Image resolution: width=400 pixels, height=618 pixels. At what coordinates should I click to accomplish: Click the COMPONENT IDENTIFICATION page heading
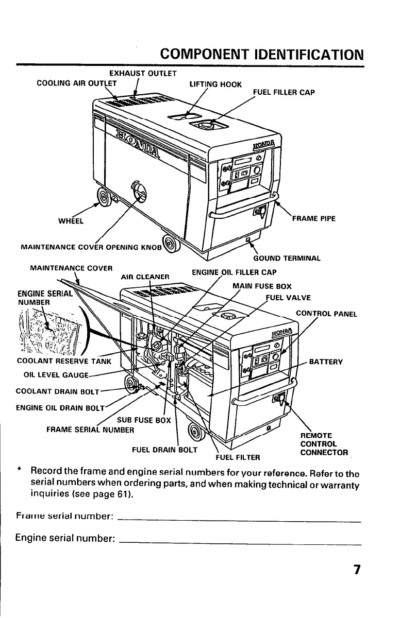262,54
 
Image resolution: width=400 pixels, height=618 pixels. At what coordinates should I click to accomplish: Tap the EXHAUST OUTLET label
136,74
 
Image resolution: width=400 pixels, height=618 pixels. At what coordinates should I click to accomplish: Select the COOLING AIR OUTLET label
77,83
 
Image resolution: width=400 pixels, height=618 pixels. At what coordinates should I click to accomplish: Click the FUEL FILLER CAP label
284,93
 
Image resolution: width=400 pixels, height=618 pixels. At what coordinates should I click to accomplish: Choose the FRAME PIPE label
313,218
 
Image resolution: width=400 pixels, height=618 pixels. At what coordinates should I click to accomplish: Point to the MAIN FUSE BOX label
262,286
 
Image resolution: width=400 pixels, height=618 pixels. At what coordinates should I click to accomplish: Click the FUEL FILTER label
238,456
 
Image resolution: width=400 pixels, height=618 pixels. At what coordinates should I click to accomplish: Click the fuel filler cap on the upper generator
206,124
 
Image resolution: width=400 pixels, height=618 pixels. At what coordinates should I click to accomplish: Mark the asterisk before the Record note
18,471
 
